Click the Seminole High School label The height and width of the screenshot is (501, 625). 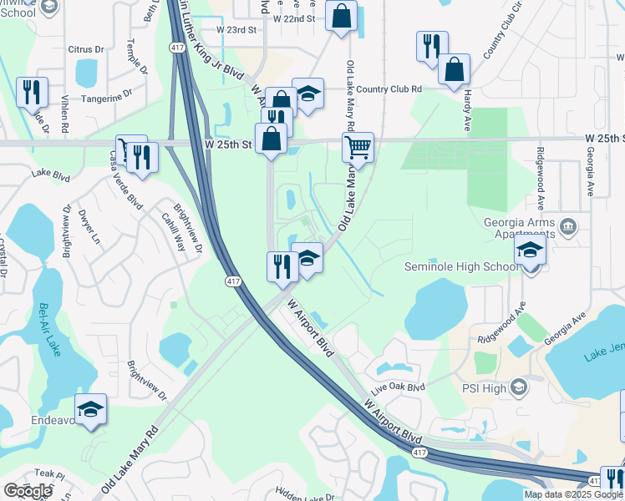461,267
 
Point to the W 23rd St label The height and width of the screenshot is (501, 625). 236,29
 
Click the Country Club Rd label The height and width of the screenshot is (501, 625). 389,89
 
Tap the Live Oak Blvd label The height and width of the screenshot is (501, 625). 399,387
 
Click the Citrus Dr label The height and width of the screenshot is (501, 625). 86,50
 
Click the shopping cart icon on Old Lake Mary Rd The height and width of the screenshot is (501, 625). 358,148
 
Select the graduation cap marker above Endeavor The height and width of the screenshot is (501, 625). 90,408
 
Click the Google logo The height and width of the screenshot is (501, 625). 28,491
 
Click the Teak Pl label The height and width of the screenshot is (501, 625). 51,474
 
